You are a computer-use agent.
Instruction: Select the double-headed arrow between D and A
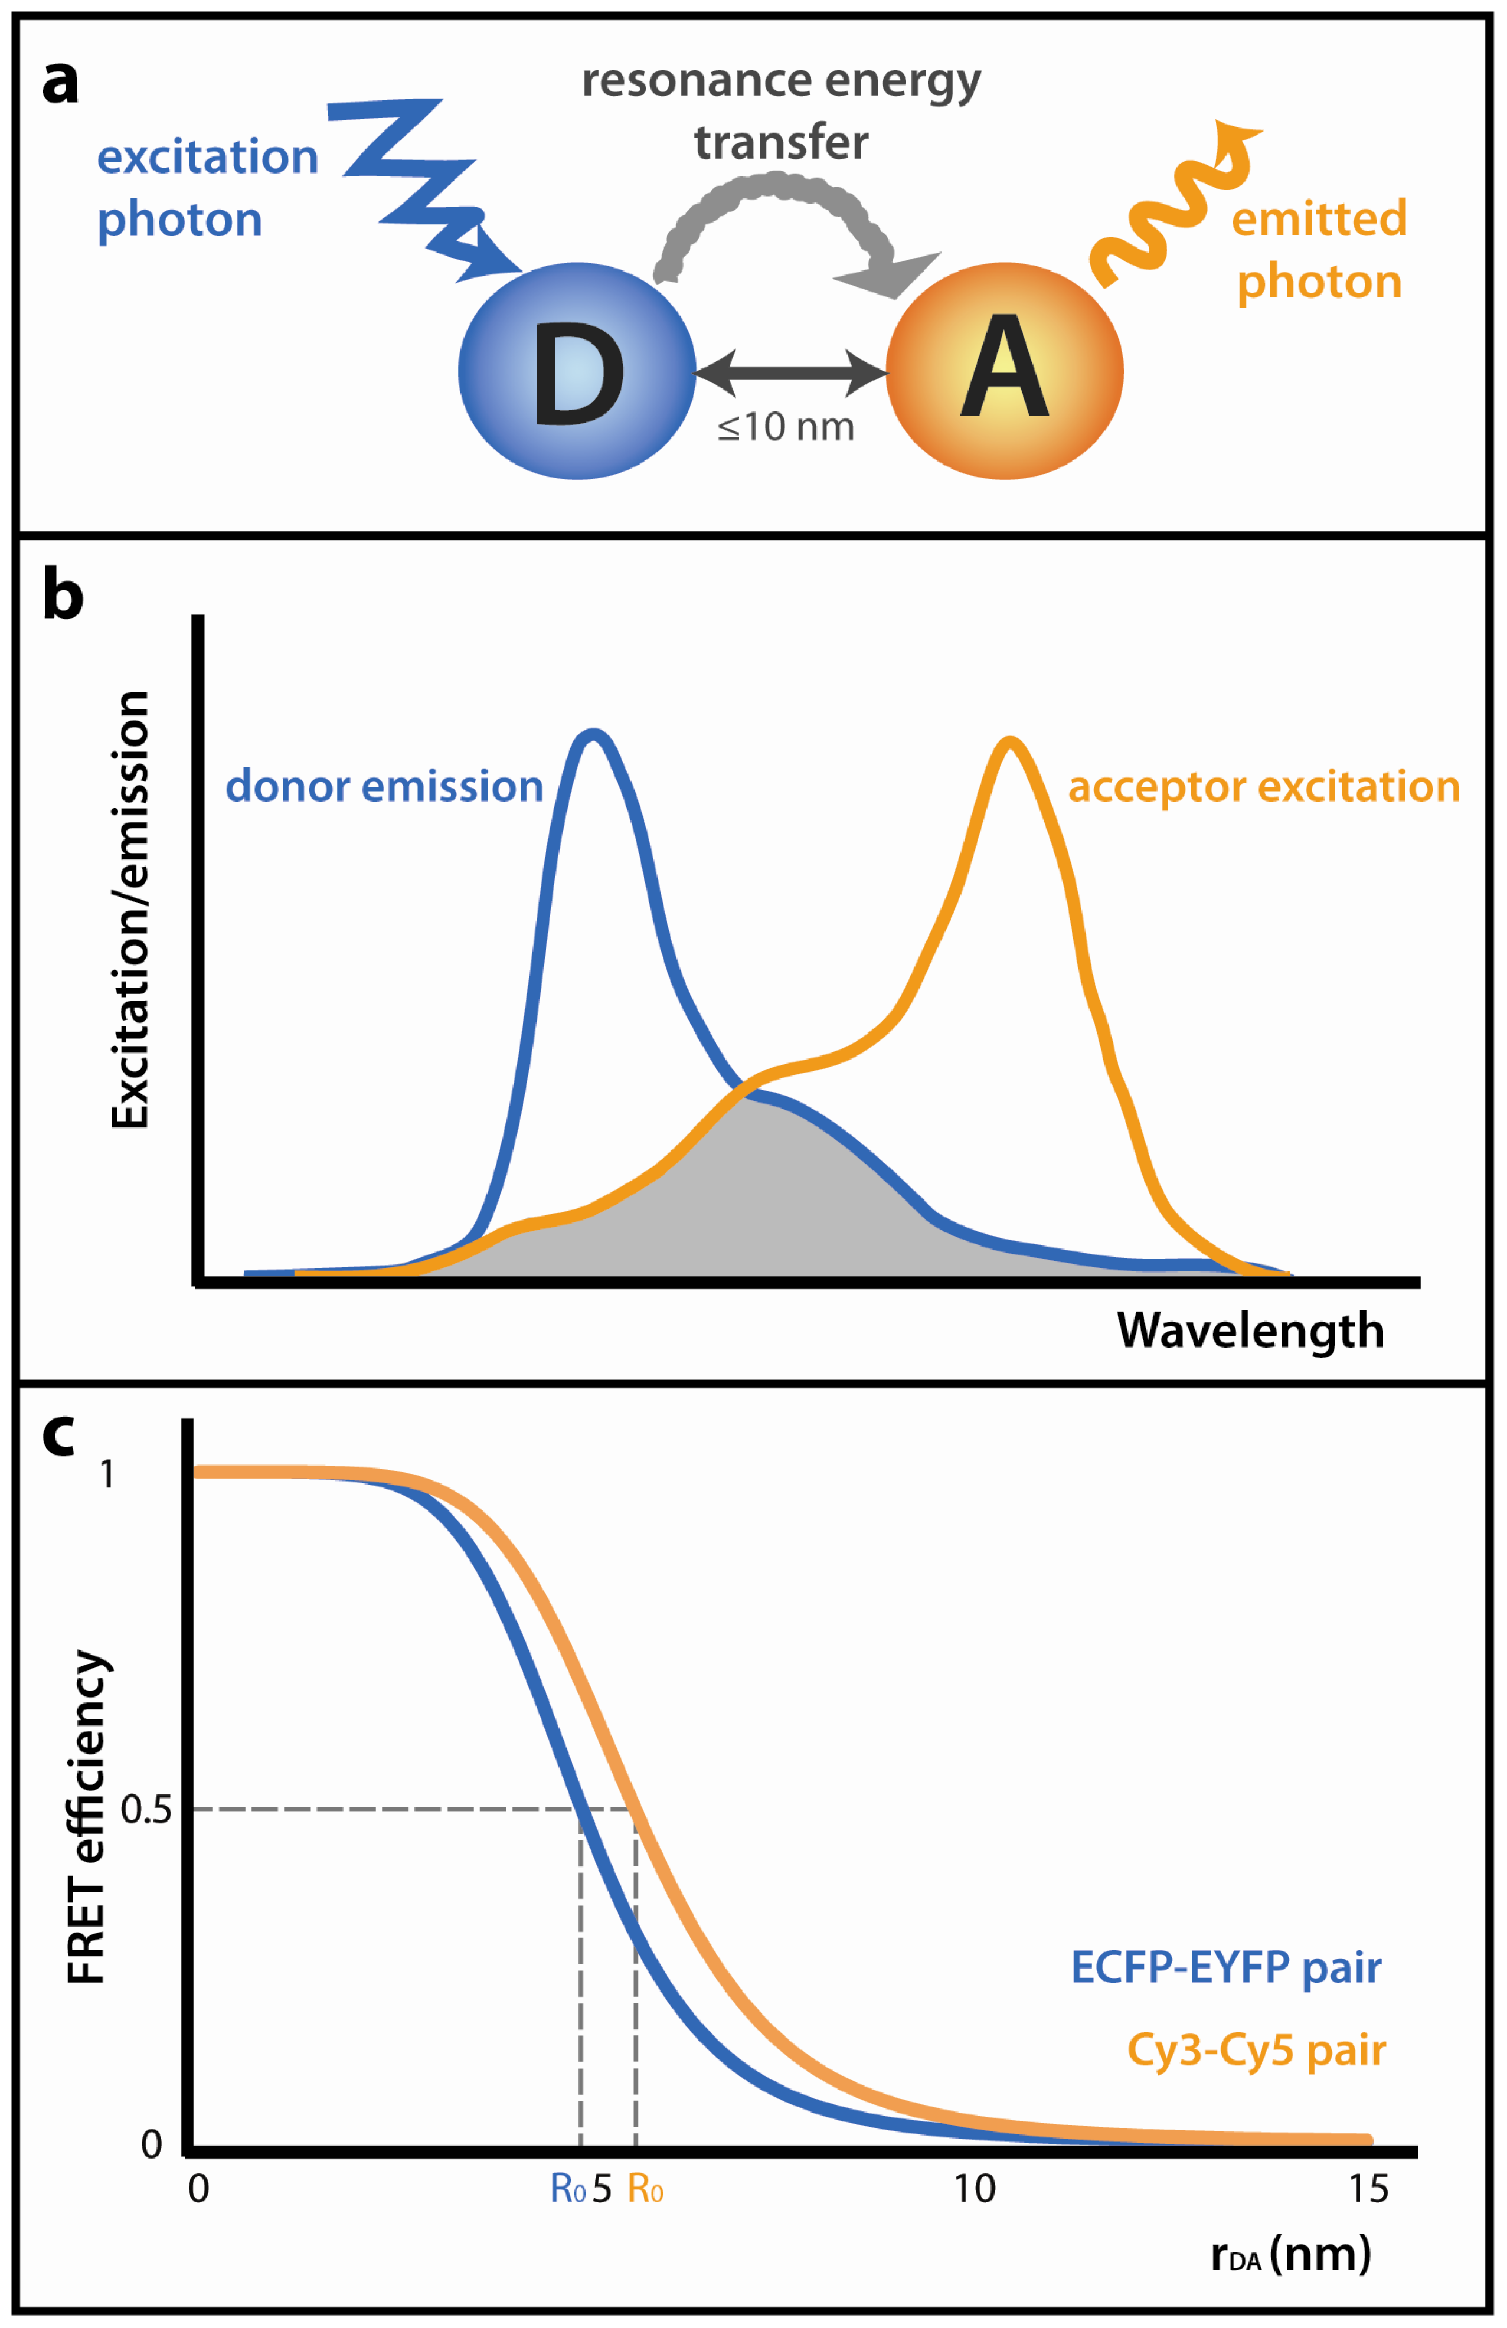point(790,372)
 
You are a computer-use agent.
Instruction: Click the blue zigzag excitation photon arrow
point(420,186)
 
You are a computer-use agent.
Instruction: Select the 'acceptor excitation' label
point(1263,786)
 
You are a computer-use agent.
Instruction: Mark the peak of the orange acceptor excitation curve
point(1011,741)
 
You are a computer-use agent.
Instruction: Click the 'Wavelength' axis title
point(1250,1330)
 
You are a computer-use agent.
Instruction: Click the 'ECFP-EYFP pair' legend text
point(1227,1967)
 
